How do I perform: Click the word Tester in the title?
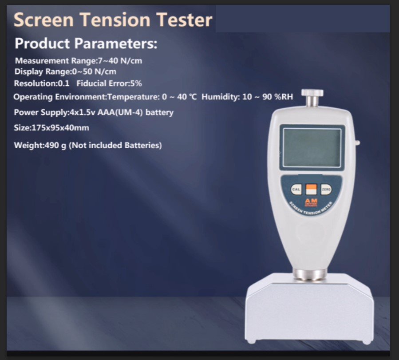(184, 20)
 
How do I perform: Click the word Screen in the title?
(43, 20)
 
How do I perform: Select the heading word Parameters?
(116, 43)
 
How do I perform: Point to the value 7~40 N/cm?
(120, 61)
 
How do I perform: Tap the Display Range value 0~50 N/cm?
(94, 71)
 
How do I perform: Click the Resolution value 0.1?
(63, 83)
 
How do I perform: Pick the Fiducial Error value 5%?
(136, 83)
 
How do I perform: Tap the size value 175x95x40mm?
(60, 127)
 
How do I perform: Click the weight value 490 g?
(55, 145)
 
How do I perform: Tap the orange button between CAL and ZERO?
(311, 189)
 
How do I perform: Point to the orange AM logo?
(311, 202)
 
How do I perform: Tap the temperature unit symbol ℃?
(193, 97)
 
